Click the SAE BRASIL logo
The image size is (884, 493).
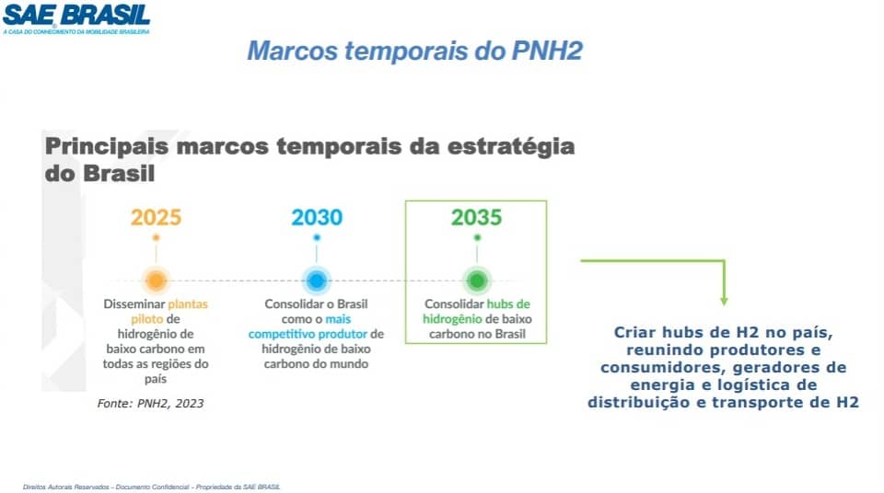click(76, 19)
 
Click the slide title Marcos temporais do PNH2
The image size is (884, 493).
click(414, 51)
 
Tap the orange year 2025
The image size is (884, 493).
click(157, 217)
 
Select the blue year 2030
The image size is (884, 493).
click(317, 217)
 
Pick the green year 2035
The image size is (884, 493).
click(476, 217)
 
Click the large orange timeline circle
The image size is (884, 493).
click(157, 280)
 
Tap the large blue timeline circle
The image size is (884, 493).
click(317, 280)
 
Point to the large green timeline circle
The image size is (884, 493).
click(477, 280)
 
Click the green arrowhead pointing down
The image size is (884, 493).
click(724, 302)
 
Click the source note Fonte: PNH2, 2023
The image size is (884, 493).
click(150, 404)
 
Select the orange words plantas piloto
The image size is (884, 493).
click(169, 312)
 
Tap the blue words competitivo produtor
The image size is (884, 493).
click(308, 334)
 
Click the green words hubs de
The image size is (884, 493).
click(508, 304)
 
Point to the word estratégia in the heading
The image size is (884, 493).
click(511, 147)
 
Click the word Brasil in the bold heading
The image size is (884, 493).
click(119, 173)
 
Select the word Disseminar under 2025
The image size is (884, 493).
click(134, 304)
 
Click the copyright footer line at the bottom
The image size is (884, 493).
click(152, 487)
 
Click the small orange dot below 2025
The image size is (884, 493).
click(157, 238)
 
